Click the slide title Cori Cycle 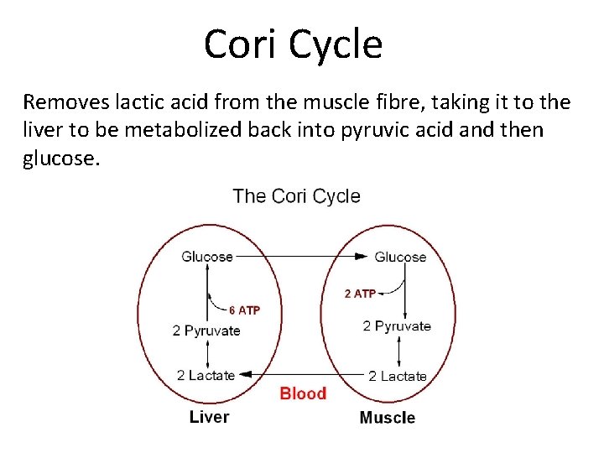293,44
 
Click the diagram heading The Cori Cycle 296,196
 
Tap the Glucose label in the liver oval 207,257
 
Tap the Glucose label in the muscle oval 400,257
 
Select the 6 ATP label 244,310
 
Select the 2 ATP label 360,294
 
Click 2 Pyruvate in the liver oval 206,331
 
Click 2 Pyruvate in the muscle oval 397,326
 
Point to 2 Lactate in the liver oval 206,375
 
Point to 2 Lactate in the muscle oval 398,377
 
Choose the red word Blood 303,393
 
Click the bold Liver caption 209,417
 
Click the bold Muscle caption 387,418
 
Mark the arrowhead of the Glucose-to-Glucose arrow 362,256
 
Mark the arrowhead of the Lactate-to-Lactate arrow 244,375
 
